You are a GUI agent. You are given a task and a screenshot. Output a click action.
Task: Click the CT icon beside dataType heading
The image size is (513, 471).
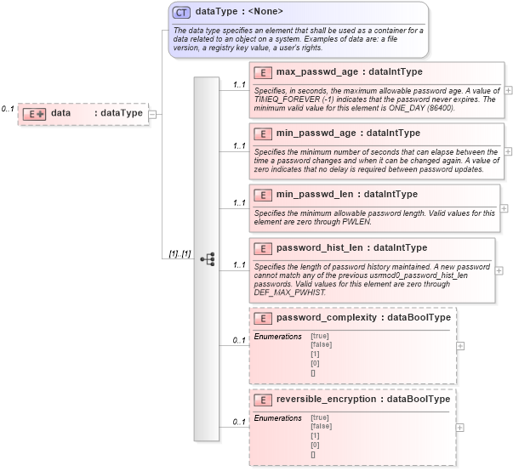[181, 13]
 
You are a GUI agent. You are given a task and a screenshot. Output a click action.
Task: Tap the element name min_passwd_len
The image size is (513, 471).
[315, 194]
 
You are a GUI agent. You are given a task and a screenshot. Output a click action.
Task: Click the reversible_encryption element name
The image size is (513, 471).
[330, 399]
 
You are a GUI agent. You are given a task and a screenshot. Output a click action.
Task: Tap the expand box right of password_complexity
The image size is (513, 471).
[460, 346]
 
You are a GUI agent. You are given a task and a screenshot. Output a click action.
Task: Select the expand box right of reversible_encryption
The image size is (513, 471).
[460, 428]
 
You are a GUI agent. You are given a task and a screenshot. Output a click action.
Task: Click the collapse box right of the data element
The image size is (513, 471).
[152, 113]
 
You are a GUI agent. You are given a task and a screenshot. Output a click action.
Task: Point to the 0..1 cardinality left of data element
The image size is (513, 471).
[8, 110]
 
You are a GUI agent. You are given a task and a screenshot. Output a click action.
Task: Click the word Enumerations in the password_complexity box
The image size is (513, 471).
[277, 337]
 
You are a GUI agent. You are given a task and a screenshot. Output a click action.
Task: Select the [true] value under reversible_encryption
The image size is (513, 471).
[321, 417]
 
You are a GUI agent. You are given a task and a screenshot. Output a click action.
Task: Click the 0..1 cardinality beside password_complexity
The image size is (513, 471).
[239, 341]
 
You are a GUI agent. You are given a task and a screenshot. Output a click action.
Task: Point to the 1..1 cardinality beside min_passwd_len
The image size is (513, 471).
[239, 203]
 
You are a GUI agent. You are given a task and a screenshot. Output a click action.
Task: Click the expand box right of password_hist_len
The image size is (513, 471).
[499, 270]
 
